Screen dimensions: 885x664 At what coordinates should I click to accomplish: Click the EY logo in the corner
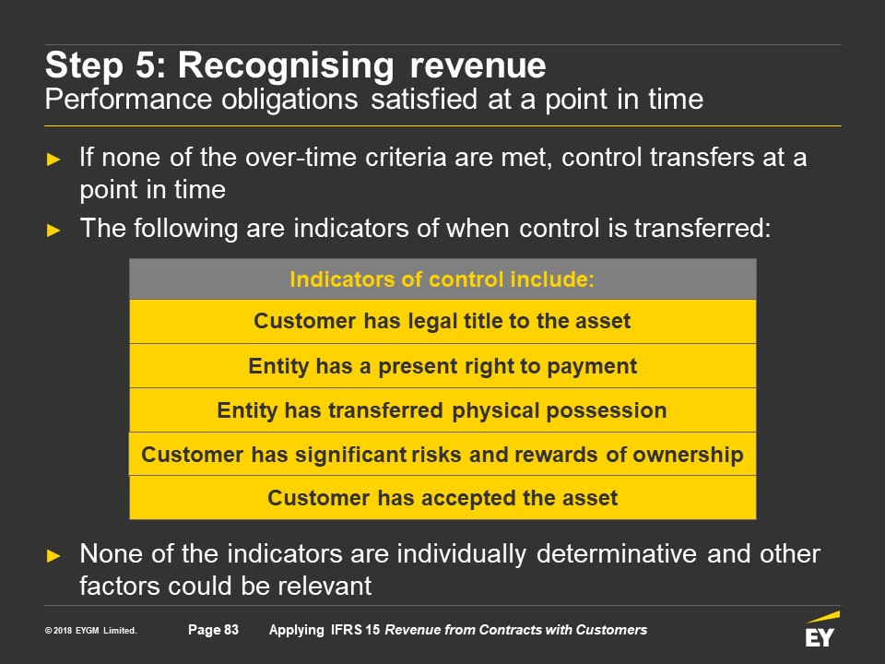pos(822,629)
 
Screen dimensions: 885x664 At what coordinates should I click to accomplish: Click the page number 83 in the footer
pos(230,630)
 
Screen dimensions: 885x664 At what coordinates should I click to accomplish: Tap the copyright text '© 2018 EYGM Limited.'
pos(91,630)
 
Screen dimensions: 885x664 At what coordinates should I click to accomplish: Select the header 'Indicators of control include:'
pos(442,279)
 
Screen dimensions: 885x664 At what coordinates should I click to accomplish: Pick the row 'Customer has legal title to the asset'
pos(442,321)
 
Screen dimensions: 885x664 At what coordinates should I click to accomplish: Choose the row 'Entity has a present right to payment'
pos(442,366)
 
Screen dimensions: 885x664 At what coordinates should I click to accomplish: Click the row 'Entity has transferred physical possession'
pos(442,410)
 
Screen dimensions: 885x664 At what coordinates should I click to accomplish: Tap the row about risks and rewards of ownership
pos(442,455)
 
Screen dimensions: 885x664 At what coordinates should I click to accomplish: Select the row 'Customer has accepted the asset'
pos(442,498)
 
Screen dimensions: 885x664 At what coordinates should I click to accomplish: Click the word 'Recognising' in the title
pos(286,66)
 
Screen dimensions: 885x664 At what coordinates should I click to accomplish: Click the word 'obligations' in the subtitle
pos(289,100)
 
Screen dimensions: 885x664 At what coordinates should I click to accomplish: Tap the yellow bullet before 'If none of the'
pos(53,160)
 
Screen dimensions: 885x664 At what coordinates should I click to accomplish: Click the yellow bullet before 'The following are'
pos(53,231)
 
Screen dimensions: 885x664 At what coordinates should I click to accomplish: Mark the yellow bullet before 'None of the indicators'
pos(53,555)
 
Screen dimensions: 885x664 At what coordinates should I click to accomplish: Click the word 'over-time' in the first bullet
pos(301,158)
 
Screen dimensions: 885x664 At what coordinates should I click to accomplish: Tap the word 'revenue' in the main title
pos(478,66)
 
